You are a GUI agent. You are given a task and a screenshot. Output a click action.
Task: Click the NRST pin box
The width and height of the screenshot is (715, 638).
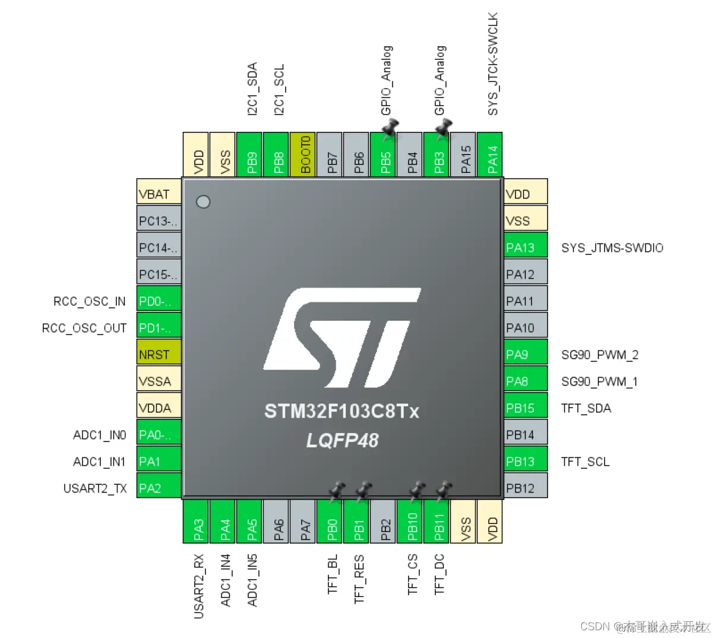[159, 355]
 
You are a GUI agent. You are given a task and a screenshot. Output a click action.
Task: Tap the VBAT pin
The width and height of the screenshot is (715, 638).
[159, 194]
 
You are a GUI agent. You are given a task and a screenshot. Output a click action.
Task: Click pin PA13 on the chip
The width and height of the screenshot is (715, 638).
[526, 248]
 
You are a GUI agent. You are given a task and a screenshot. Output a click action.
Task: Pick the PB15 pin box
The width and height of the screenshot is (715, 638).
[526, 408]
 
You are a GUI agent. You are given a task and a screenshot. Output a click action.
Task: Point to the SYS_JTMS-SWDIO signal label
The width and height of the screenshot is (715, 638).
[612, 248]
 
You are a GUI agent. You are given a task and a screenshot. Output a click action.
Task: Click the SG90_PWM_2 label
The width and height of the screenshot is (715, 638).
[600, 355]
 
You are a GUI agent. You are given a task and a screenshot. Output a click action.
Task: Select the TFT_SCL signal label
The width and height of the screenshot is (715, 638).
[586, 462]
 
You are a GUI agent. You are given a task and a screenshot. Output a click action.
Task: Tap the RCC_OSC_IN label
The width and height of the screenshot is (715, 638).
[90, 301]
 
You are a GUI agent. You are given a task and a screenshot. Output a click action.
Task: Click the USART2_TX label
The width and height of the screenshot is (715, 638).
[95, 488]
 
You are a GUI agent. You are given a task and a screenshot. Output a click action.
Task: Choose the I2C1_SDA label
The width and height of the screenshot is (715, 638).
[252, 89]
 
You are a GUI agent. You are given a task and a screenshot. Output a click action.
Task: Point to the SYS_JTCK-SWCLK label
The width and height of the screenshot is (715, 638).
[493, 64]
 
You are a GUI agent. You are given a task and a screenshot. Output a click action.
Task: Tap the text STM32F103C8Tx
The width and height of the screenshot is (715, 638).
[342, 411]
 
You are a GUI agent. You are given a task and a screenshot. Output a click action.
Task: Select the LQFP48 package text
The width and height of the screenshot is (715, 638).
[342, 440]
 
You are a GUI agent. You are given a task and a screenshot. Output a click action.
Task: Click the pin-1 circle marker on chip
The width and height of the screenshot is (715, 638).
[203, 202]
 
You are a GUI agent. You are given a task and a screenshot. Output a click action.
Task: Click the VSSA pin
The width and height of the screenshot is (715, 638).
[159, 381]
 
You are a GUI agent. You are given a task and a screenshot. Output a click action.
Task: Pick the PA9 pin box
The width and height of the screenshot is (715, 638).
[526, 355]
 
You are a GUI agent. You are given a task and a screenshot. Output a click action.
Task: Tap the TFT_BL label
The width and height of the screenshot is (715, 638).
[333, 574]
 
